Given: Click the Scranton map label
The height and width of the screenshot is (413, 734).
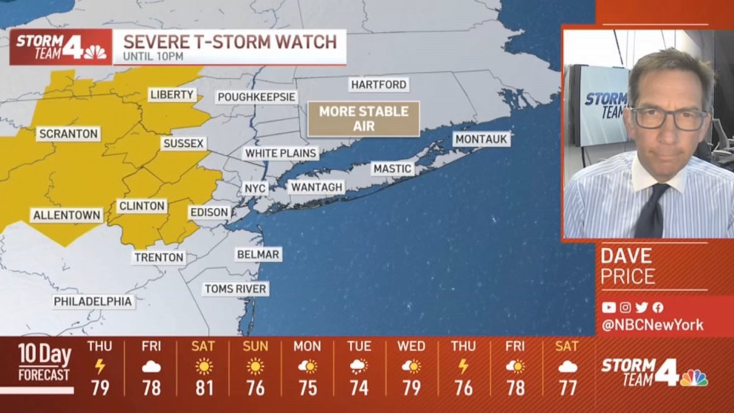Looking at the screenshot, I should pos(68,133).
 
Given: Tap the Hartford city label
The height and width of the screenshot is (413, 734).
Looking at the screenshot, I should pos(379,84).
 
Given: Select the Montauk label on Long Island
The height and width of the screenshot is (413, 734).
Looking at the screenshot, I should pos(481,140).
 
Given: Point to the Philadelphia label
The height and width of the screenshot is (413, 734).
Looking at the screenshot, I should pos(93,302).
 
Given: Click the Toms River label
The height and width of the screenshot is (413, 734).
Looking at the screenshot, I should pos(235,289).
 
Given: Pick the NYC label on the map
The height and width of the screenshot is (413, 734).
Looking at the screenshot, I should pos(255,188).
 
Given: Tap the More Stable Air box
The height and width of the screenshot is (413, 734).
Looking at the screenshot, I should pos(363,119).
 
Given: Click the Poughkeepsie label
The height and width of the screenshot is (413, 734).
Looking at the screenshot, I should pos(257,97).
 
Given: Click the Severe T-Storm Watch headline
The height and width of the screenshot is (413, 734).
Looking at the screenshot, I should pos(230,42).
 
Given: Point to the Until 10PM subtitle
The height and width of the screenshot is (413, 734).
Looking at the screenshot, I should pos(154,58).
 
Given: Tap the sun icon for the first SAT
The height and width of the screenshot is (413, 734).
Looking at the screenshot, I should pos(203,366).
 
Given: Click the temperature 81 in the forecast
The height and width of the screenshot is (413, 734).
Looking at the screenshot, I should pos(203,388).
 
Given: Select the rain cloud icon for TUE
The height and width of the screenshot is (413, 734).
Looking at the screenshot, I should pos(359,366).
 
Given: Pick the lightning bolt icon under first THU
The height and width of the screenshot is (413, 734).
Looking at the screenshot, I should pos(100,366).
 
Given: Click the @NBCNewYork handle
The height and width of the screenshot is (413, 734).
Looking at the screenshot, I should pos(652,325).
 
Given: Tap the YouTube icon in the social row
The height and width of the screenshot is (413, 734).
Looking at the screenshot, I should pos(609,307).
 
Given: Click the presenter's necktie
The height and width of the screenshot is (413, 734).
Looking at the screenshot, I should pos(651,211).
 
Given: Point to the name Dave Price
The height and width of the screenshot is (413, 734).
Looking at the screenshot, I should pos(628,266).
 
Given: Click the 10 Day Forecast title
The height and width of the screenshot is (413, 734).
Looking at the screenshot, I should pos(44,362).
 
